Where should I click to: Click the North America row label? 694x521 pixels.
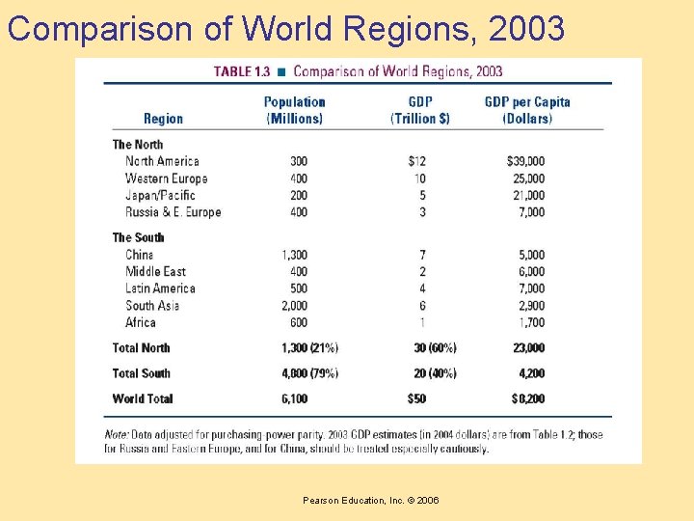(x=162, y=161)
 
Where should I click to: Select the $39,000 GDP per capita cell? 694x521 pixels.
(x=525, y=161)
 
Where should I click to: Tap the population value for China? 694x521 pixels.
(x=295, y=255)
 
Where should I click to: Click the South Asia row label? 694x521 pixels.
(x=152, y=306)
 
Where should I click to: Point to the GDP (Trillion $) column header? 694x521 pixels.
(x=419, y=110)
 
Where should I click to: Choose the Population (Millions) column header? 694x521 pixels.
(x=294, y=110)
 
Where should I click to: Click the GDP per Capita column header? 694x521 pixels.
(x=527, y=110)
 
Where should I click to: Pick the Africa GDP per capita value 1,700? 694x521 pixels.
(x=529, y=322)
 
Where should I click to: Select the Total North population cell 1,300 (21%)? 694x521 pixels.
(x=309, y=348)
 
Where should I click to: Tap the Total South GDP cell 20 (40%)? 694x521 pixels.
(x=435, y=373)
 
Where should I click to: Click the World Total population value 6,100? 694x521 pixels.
(x=295, y=398)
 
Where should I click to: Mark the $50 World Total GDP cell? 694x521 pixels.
(x=416, y=398)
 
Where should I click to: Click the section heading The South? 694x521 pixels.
(x=138, y=237)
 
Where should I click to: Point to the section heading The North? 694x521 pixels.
(x=138, y=145)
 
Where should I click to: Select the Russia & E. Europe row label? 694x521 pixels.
(x=173, y=212)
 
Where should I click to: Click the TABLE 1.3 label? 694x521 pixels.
(x=242, y=71)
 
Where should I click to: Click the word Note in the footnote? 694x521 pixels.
(x=118, y=435)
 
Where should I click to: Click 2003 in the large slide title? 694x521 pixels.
(x=526, y=29)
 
